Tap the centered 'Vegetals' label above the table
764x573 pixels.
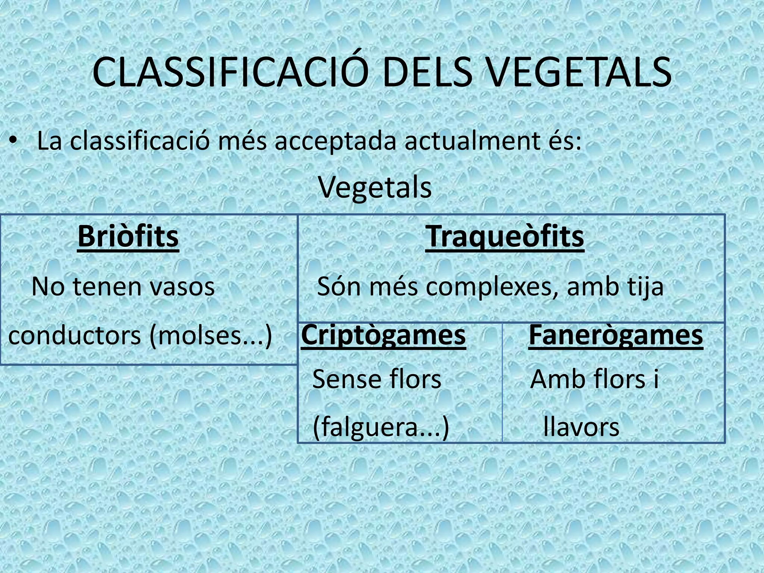375,187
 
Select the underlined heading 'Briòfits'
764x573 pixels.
128,236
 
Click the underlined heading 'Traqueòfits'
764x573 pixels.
505,236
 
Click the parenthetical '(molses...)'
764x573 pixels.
211,336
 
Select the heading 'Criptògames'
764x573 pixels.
383,335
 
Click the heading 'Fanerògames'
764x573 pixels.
616,335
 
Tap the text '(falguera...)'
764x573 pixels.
381,428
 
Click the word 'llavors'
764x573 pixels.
581,427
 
